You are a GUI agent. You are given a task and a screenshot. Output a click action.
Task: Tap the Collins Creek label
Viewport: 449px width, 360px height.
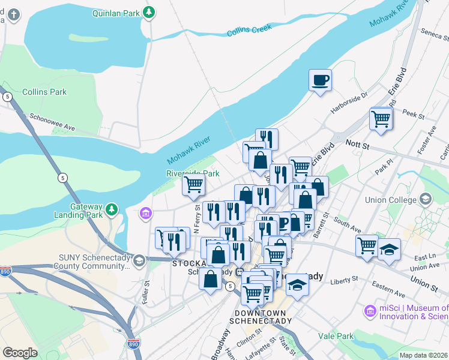pyautogui.click(x=250, y=29)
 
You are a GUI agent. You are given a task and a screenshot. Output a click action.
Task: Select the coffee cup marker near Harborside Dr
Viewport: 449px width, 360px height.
pyautogui.click(x=321, y=80)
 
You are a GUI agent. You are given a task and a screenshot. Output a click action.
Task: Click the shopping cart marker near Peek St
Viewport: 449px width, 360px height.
pyautogui.click(x=381, y=118)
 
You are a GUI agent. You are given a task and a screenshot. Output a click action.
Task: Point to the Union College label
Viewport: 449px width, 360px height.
pyautogui.click(x=390, y=199)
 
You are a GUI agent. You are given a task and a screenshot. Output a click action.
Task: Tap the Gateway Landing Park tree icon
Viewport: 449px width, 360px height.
pyautogui.click(x=112, y=209)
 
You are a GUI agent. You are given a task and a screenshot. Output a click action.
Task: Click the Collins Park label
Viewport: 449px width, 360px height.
pyautogui.click(x=44, y=92)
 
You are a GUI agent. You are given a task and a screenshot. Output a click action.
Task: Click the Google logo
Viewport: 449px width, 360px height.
pyautogui.click(x=20, y=353)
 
